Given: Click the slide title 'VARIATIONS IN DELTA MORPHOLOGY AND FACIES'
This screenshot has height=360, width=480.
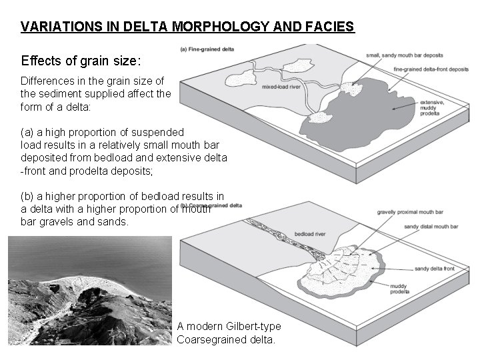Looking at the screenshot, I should (187, 27).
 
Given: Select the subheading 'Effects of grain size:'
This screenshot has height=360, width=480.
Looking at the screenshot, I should (81, 61).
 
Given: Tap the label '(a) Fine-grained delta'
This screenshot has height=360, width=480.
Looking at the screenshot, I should (207, 48).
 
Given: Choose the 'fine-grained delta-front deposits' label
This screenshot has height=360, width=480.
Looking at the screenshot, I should (431, 69).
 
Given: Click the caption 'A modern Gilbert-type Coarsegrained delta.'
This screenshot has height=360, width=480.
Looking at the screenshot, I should (229, 332).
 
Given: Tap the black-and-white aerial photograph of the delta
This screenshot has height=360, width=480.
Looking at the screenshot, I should (91, 293).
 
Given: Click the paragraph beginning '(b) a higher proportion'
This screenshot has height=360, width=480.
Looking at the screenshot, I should (122, 208).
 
